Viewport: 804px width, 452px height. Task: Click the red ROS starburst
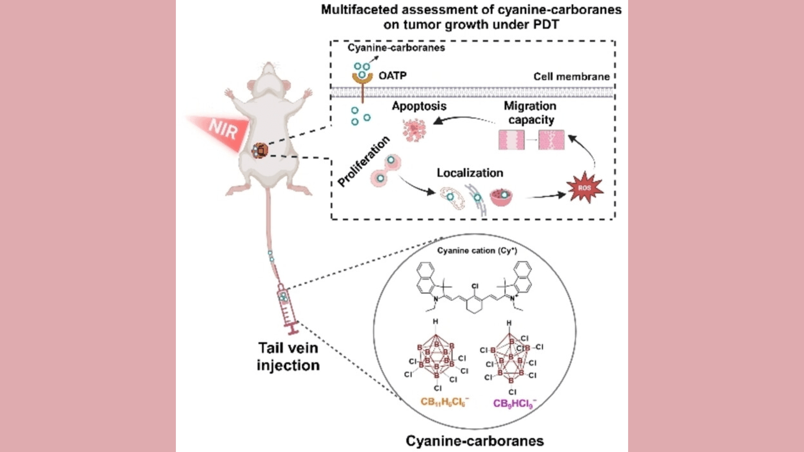click(x=585, y=188)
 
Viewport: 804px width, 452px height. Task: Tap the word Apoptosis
click(x=419, y=106)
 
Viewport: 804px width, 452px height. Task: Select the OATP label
click(x=392, y=75)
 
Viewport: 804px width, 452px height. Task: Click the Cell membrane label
click(x=571, y=77)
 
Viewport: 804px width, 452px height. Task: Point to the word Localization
click(x=470, y=173)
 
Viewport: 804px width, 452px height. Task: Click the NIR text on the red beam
click(x=223, y=129)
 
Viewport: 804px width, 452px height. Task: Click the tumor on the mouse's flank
click(x=260, y=150)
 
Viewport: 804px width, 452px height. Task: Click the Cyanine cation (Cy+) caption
click(x=477, y=251)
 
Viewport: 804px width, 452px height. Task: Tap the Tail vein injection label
click(x=288, y=357)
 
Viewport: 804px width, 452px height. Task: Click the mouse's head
click(x=271, y=75)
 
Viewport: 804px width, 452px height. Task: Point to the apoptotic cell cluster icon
click(x=414, y=129)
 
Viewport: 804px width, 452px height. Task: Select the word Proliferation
click(x=363, y=161)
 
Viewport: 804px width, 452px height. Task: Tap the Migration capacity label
click(x=531, y=113)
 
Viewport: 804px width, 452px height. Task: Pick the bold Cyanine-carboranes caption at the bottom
click(x=474, y=441)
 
